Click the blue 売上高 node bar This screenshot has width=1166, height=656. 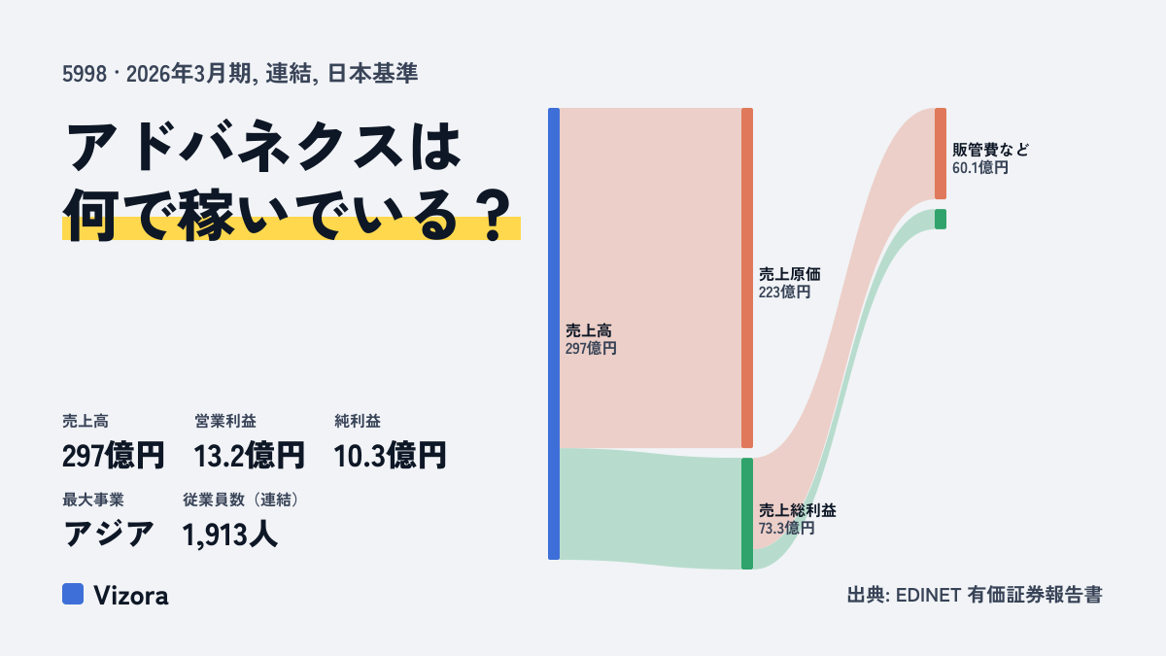(554, 333)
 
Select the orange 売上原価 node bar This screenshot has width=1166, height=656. (747, 278)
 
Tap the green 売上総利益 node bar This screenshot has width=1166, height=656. (747, 513)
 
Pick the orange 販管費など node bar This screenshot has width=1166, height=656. (941, 154)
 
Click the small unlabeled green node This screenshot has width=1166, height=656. (941, 220)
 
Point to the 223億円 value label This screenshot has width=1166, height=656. (784, 293)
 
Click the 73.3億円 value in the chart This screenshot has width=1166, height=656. (786, 529)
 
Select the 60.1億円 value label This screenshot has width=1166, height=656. (980, 167)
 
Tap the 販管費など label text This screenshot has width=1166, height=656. (990, 150)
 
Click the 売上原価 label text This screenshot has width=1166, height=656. (789, 274)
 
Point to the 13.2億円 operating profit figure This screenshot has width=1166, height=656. (250, 456)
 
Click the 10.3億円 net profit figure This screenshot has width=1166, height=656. (390, 456)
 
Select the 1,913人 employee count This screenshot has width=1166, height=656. (229, 535)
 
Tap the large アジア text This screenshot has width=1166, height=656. (108, 535)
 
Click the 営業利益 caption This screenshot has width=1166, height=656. (225, 421)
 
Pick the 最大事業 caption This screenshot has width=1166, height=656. (93, 500)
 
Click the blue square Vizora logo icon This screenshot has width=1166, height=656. (73, 594)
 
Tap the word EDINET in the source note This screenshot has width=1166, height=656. (928, 595)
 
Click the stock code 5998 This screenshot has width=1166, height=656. (85, 74)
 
